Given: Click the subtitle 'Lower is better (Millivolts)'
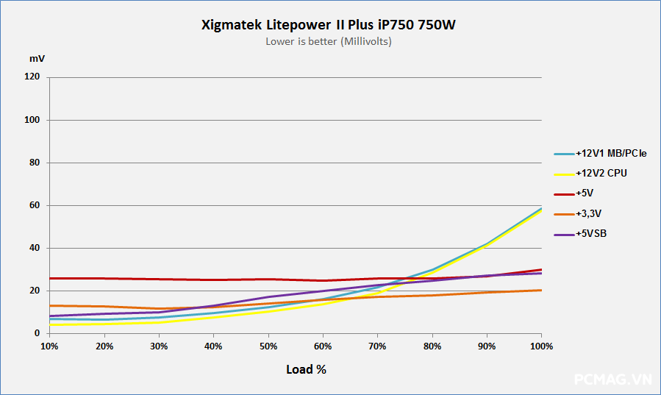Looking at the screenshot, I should (x=329, y=41).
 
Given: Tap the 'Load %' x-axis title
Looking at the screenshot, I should (x=306, y=369).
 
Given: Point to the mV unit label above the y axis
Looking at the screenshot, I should (x=36, y=57).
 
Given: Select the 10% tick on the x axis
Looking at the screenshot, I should (x=49, y=346).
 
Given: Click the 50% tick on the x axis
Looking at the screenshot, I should (x=268, y=346).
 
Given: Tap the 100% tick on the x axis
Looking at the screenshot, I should (x=541, y=346).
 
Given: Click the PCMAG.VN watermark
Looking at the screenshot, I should (x=612, y=380).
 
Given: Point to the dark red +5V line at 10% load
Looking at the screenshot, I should (x=50, y=278).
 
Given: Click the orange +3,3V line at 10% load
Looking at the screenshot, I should (x=50, y=305).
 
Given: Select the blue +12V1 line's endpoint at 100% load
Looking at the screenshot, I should (x=541, y=208).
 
